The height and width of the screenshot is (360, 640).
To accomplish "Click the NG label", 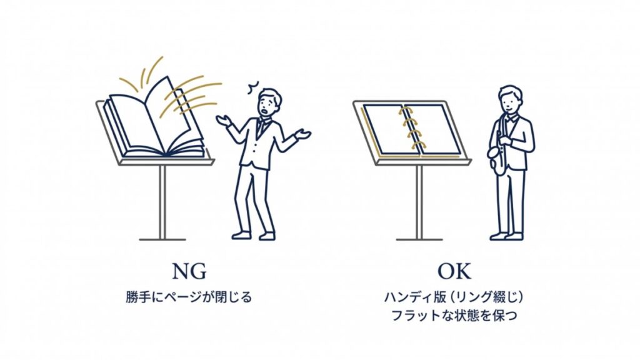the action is pos(189,271).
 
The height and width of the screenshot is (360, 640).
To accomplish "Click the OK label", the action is pos(454,271).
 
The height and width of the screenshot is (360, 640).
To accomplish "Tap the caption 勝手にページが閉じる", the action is pos(189,297).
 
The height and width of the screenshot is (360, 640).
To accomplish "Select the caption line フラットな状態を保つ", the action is pos(454,316).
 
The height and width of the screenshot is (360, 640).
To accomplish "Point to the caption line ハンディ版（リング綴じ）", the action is pos(454,297).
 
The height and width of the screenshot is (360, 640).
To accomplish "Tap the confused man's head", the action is pos(269,103).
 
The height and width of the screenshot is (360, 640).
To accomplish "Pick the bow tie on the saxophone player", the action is pos(512,119).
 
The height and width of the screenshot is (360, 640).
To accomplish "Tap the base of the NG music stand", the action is pos(162,239).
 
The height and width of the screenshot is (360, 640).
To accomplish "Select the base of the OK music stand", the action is pos(419,239).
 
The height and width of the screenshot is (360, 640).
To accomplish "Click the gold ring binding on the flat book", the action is pos(411,128).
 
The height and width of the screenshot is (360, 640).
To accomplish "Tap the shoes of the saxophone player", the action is pos(506,236).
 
